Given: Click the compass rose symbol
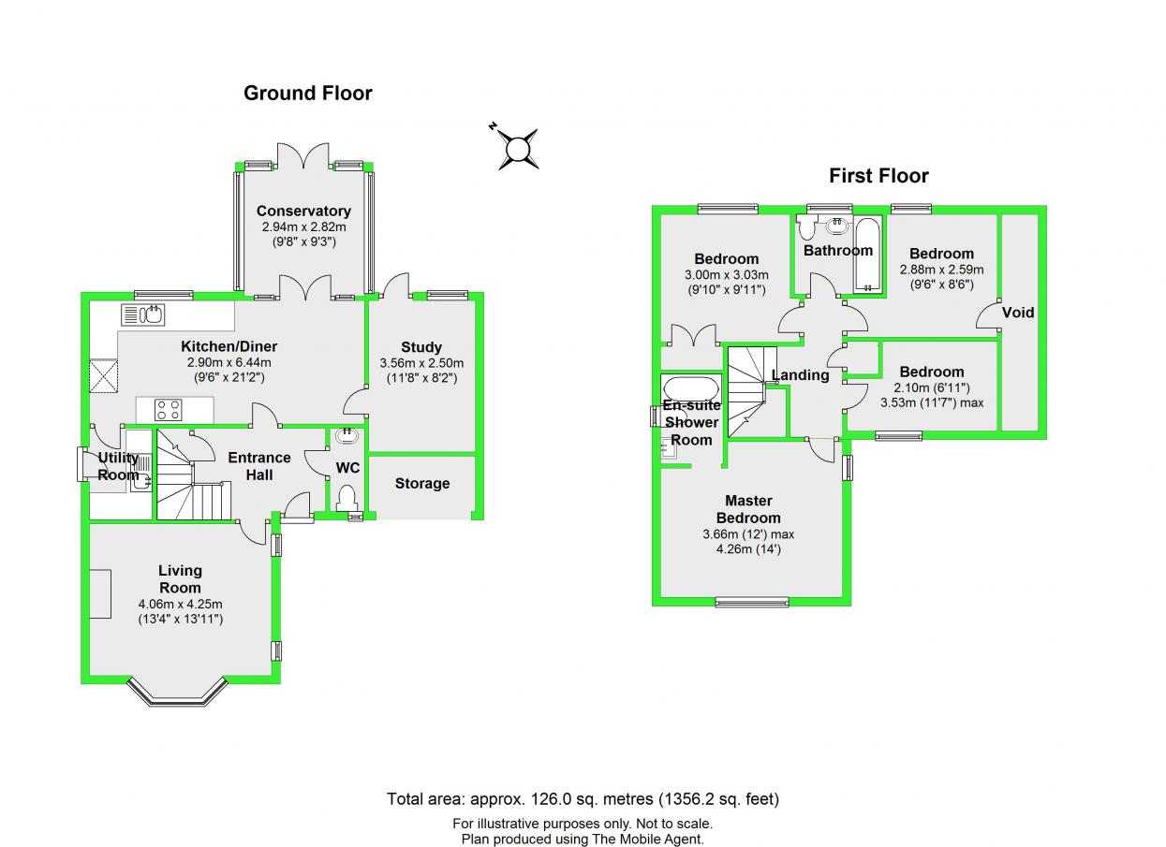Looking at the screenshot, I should [x=518, y=148].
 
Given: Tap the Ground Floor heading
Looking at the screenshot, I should [x=307, y=94].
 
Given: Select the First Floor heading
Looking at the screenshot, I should [x=878, y=176].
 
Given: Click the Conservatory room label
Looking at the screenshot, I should [x=303, y=212].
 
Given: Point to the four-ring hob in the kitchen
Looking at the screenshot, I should [x=168, y=409].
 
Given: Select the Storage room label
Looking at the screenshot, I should [x=421, y=484].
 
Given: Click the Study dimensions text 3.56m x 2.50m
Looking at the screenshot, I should [x=421, y=363].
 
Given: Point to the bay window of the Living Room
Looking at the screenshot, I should [x=178, y=694].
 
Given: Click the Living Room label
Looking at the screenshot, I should [x=180, y=578].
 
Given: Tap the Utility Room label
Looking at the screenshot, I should [x=118, y=466].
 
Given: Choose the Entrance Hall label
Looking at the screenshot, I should [x=259, y=466].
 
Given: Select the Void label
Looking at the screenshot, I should [x=1018, y=313].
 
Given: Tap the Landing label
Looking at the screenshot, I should [x=800, y=375].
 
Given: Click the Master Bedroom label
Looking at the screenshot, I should [x=748, y=509].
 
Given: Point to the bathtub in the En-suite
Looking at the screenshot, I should [x=690, y=387].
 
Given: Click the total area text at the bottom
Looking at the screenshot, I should [x=583, y=799].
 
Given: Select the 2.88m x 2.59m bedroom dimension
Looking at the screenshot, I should [x=940, y=270].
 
